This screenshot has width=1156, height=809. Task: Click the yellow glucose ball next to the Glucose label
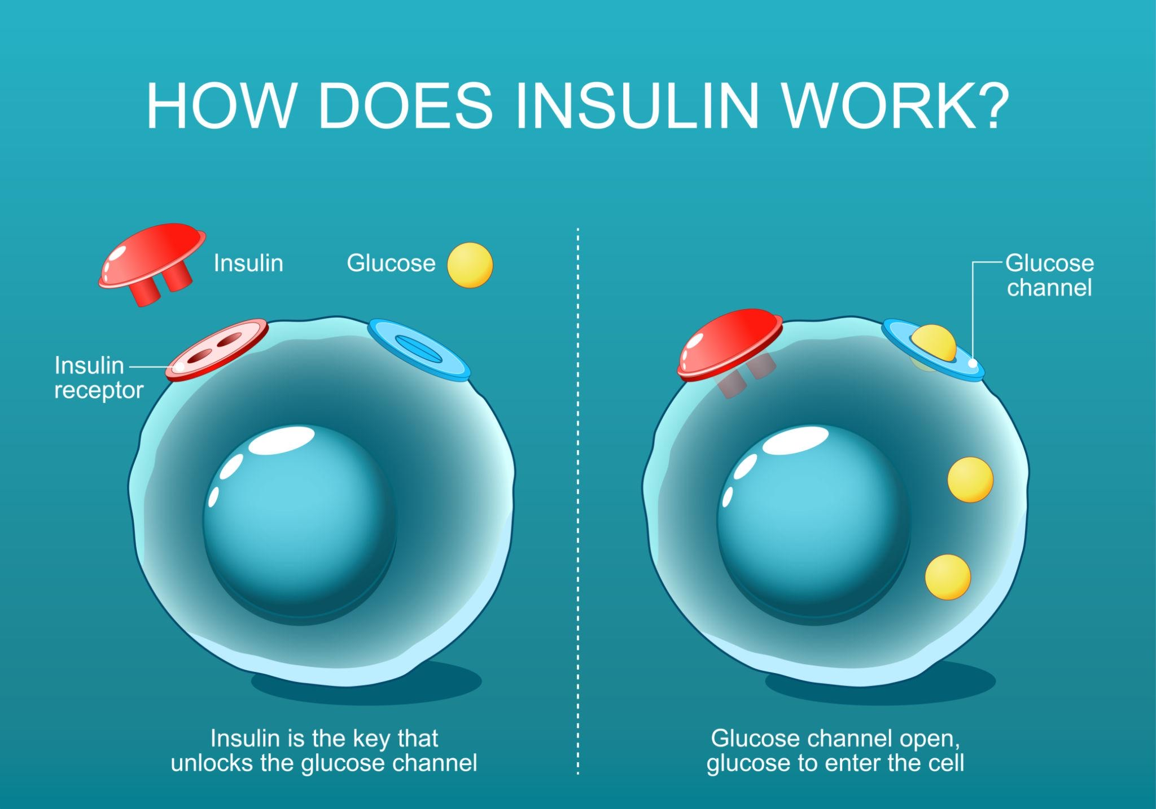tap(470, 265)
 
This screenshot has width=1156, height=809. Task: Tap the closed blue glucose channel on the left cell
tap(419, 348)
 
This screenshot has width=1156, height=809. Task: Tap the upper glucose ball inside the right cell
tap(970, 480)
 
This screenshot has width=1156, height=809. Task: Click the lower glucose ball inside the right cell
tap(948, 577)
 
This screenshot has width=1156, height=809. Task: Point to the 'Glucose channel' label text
tap(1049, 275)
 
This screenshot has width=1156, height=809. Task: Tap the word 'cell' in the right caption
tap(945, 763)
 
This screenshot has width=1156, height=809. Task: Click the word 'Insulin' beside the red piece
tap(248, 263)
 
